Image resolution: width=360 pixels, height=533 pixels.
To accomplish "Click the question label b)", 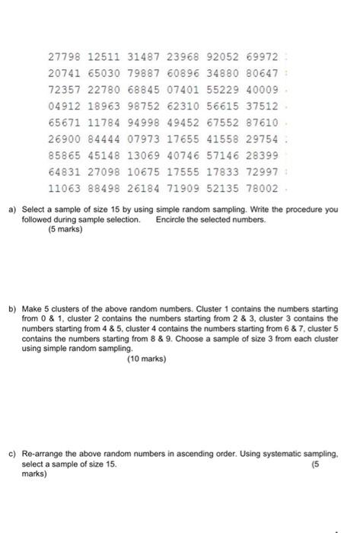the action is click(12, 310).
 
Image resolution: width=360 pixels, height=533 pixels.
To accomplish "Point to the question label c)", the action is click(12, 452).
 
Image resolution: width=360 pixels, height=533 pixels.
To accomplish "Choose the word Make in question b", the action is click(32, 310).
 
